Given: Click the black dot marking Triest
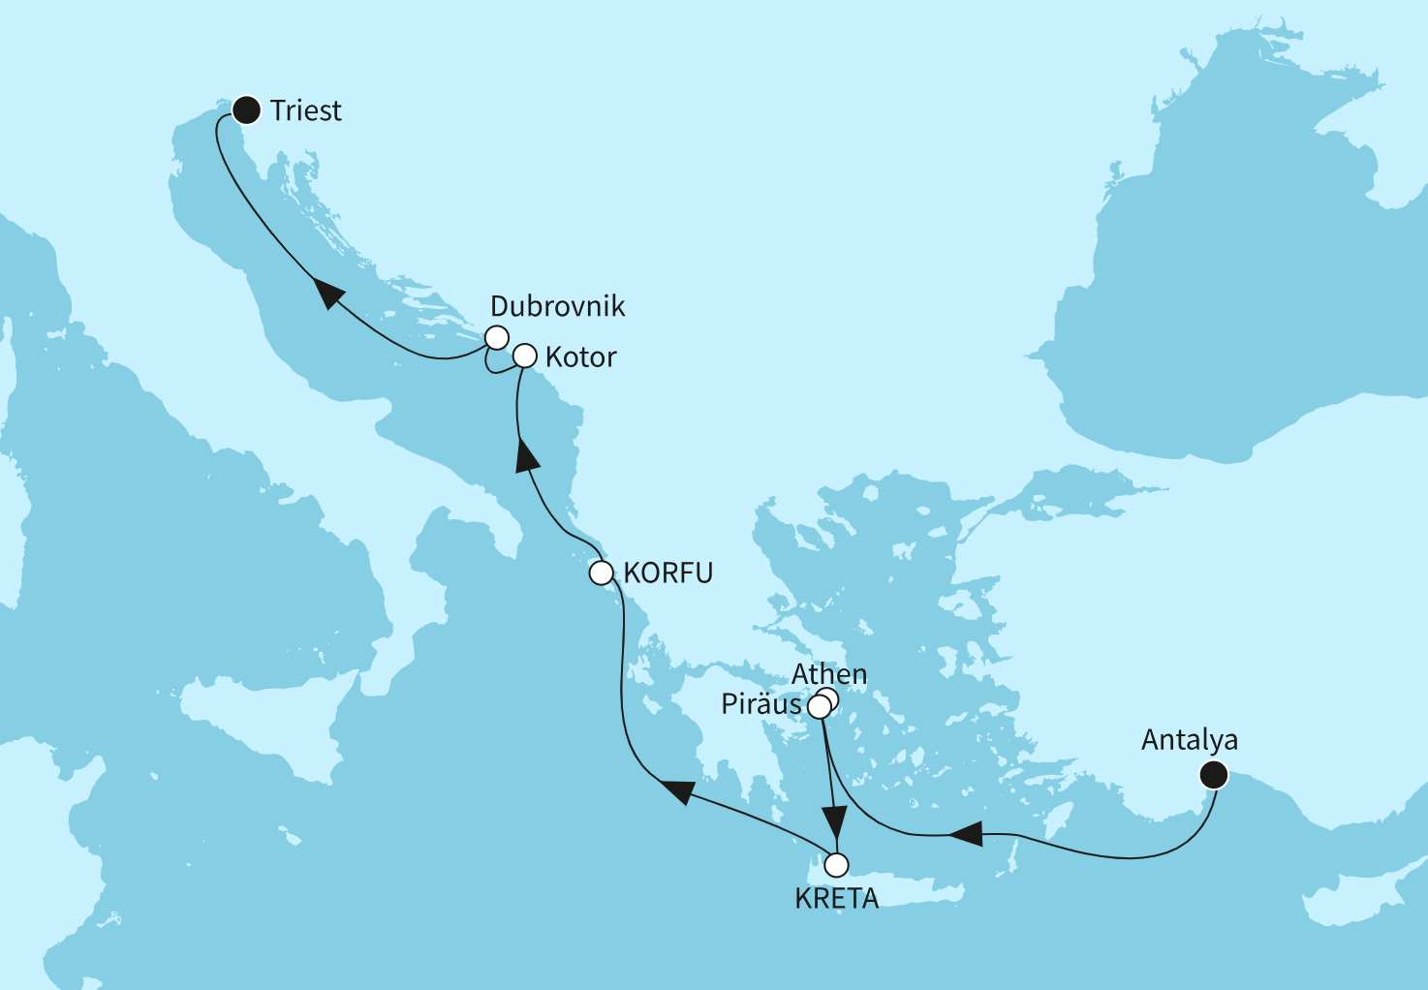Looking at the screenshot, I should tap(248, 110).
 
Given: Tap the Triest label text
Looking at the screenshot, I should tap(306, 111).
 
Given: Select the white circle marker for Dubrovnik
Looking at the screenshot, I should tap(496, 337).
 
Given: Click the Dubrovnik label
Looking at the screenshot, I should tap(557, 306).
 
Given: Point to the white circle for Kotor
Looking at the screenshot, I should tap(524, 356).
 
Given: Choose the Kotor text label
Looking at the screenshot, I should tap(580, 357).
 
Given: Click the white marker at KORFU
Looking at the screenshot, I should tap(602, 573).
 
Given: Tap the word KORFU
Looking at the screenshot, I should tap(667, 573).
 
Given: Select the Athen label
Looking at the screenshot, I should tap(829, 674).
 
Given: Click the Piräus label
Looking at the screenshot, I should tap(761, 704).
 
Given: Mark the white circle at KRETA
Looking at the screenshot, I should tap(836, 864).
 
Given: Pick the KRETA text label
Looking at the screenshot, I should tap(836, 899).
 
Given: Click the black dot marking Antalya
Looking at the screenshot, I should tap(1213, 775).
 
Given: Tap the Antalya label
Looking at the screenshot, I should tap(1189, 740).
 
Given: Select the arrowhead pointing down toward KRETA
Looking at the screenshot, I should tap(832, 821).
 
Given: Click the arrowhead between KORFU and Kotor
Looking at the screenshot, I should tap(526, 453).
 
